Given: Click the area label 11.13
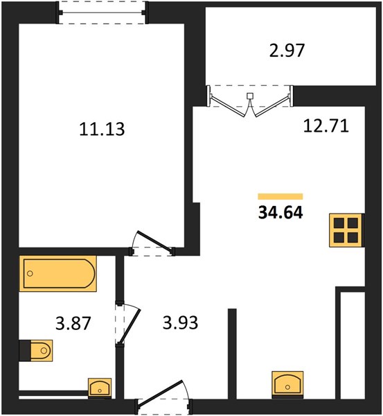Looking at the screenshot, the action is click(x=102, y=129).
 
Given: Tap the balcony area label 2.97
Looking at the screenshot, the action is click(x=287, y=51).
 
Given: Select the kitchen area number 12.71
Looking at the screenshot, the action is click(x=326, y=126).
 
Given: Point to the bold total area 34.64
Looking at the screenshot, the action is click(x=280, y=213).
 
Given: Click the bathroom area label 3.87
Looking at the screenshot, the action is click(x=73, y=323).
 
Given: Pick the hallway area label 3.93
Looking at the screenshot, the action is click(x=180, y=323).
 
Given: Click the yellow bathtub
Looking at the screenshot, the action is click(x=57, y=274).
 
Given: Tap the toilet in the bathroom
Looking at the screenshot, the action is click(x=42, y=350).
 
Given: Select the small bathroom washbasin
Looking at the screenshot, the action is click(x=100, y=388).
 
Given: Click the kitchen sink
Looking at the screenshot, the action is click(x=287, y=383).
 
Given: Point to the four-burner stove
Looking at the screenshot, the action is click(x=346, y=230).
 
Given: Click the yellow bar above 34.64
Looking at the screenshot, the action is click(x=280, y=196).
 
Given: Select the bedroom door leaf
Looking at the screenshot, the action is click(x=154, y=241).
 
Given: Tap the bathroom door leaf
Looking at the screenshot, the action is click(x=130, y=327).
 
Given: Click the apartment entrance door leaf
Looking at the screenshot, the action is click(x=160, y=393).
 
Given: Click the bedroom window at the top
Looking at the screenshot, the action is click(x=102, y=12).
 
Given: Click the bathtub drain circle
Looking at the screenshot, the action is click(x=30, y=273).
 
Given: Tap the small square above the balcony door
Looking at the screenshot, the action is click(x=250, y=96).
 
